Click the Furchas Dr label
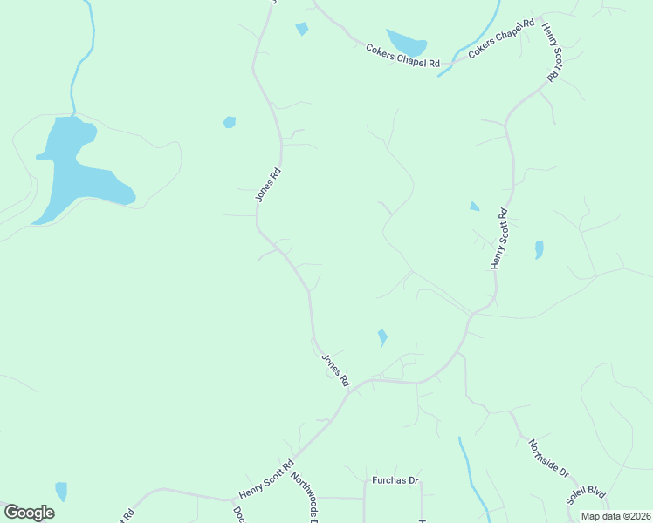pos(396,480)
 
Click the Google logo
pos(29,513)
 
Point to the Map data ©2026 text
pos(615,516)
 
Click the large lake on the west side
pos(74,170)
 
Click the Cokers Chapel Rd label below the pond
pos(402,58)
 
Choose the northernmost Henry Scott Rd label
pos(550,52)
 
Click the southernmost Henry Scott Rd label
pos(266,479)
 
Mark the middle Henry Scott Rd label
pos(499,238)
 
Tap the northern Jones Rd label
pos(269,185)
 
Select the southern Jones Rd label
pos(335,370)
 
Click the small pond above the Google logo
pos(61,491)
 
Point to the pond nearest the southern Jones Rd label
pos(382,336)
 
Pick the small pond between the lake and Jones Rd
pos(230,122)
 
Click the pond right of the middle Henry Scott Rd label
pos(539,250)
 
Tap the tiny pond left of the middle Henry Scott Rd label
pos(474,207)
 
